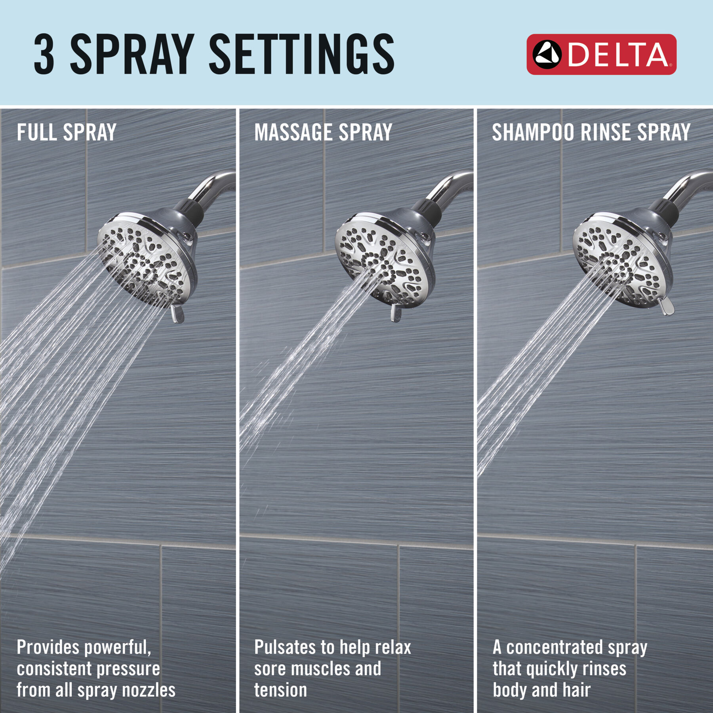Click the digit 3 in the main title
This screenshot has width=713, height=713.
coord(44,54)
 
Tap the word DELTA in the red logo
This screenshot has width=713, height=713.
coord(618,55)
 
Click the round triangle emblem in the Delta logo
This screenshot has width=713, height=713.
coord(547,55)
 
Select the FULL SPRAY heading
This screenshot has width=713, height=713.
coord(67,132)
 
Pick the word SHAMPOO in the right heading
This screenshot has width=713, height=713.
coord(533,132)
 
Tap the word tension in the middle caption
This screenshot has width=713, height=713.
coord(280,690)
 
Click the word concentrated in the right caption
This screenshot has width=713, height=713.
coord(555,648)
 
